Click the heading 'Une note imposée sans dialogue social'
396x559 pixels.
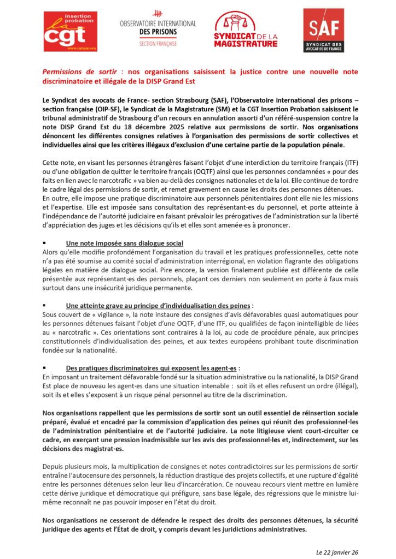(x=124, y=243)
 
